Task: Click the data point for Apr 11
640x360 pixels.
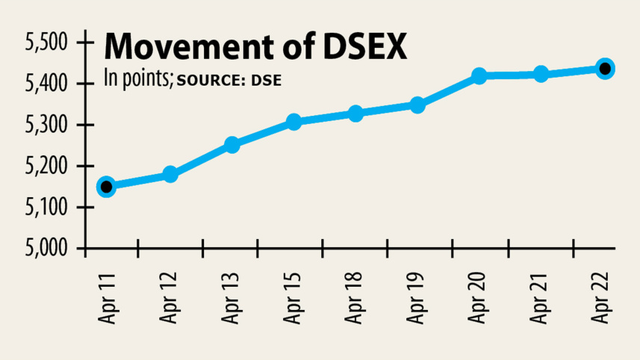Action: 106,186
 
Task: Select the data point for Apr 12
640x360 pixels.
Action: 170,174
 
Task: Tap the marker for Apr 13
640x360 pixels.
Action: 232,145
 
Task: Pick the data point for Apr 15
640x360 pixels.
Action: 293,122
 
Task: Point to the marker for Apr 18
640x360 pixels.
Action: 355,114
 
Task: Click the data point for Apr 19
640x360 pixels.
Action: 417,105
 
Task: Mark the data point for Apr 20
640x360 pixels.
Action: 479,75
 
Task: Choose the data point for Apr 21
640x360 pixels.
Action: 541,74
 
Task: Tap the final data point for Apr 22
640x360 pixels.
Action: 604,69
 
